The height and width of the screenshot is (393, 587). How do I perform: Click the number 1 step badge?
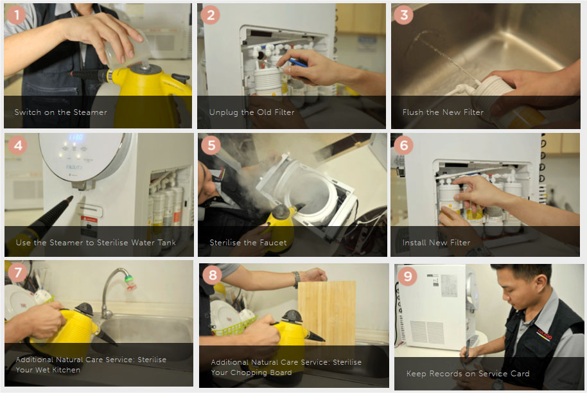(x=16, y=15)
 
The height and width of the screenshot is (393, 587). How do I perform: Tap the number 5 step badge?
(x=211, y=145)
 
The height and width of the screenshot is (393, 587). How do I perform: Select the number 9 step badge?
(x=407, y=276)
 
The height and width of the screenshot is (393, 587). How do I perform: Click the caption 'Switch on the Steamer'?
(x=60, y=112)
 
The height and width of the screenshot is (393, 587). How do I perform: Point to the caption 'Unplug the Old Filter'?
(x=252, y=112)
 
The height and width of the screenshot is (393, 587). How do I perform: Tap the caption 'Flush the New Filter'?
(x=443, y=112)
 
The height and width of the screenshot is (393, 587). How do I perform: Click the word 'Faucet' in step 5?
(x=275, y=243)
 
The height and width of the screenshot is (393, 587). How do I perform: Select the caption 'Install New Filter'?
(x=436, y=243)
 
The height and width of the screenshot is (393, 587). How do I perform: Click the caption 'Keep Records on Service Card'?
(x=468, y=374)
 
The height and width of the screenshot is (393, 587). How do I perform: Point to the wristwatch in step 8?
(x=297, y=279)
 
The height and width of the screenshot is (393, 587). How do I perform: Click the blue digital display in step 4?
(x=75, y=137)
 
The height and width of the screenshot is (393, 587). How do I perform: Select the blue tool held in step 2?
(x=297, y=62)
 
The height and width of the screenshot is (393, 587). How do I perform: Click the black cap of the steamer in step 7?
(x=83, y=310)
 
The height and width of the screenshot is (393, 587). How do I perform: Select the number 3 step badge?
(x=403, y=15)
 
